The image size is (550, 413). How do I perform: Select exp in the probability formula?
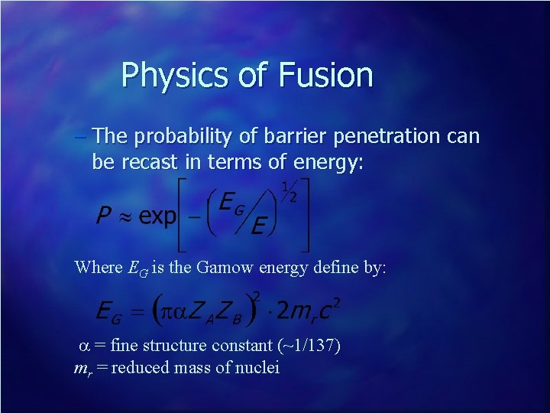click(x=157, y=217)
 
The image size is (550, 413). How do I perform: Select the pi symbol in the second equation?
click(x=172, y=311)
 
